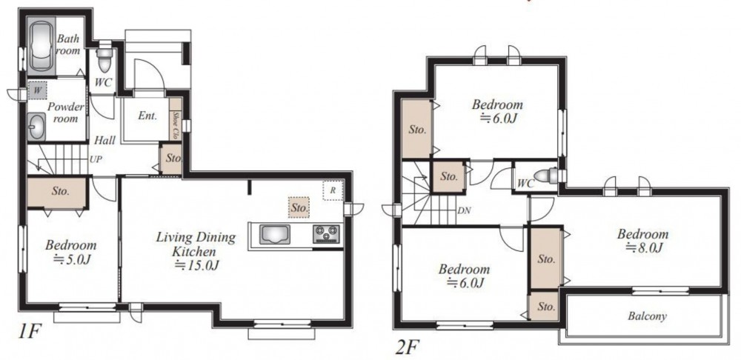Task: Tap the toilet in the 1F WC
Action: tap(104, 58)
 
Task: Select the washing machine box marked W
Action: tap(38, 90)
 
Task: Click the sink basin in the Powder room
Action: tap(36, 127)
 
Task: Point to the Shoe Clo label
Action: tap(176, 121)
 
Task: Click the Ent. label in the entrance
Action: tap(147, 116)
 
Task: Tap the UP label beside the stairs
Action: tap(96, 159)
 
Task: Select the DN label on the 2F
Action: tap(464, 210)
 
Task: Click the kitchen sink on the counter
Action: tap(275, 234)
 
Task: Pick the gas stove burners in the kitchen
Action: tap(326, 234)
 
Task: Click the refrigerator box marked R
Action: tap(333, 191)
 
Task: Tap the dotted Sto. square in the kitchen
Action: tap(299, 207)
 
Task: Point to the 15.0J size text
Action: tap(196, 265)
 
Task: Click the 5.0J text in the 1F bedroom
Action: tap(71, 259)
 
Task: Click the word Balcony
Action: tap(647, 316)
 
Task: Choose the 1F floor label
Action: tap(28, 332)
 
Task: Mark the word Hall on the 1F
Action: tap(104, 140)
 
